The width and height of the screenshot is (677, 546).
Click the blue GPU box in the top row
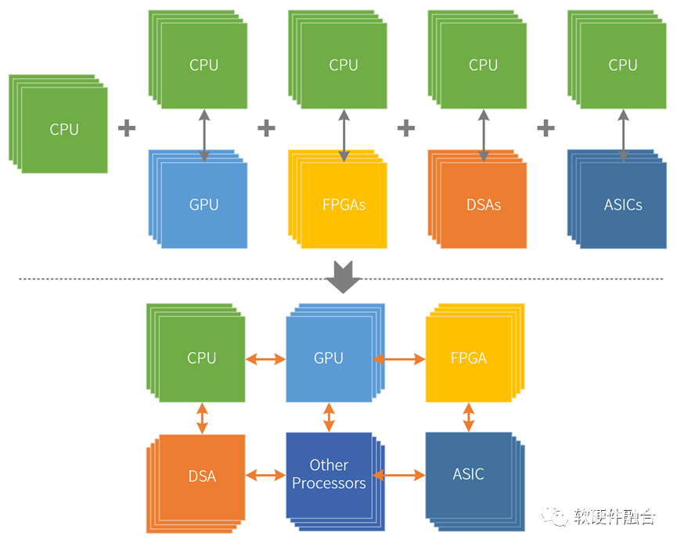pos(203,205)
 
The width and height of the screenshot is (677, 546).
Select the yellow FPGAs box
pos(344,205)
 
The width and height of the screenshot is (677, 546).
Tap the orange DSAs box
pos(483,205)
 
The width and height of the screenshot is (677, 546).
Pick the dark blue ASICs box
pos(623,205)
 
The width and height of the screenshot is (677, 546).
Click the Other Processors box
pos(329,475)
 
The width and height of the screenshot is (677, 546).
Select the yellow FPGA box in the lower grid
pos(469,358)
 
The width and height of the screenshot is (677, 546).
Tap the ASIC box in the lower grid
pos(469,475)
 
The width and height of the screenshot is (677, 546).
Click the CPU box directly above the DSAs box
pos(483,66)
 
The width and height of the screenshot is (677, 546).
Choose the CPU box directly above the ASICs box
pos(623,66)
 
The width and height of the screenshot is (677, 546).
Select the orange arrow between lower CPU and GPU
pos(265,359)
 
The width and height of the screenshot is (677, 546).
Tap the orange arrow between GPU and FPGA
pos(399,359)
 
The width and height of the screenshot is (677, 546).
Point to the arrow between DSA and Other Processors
pos(265,475)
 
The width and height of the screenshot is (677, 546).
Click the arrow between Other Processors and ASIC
pos(399,475)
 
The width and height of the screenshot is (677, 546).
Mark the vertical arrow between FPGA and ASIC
pos(469,417)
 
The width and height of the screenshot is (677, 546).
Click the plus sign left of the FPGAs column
pos(266,128)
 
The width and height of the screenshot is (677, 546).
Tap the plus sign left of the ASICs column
pos(546,128)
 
